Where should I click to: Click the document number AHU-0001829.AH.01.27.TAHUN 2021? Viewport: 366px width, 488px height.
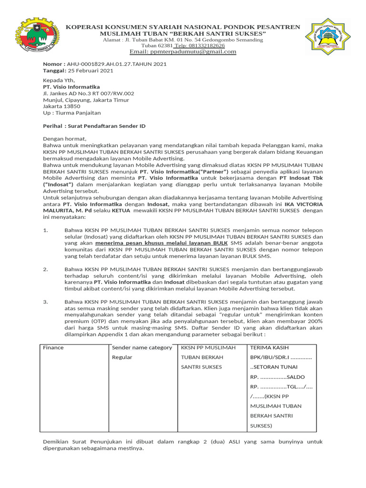117,64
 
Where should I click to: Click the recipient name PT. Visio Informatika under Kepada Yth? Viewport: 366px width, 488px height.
71,87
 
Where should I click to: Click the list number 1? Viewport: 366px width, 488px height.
46,230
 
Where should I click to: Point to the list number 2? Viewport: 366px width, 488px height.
46,269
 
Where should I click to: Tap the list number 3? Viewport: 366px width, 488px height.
46,302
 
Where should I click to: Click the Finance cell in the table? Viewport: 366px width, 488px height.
53,347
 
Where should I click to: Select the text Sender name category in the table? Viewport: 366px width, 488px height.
142,347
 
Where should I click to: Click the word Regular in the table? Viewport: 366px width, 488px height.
122,357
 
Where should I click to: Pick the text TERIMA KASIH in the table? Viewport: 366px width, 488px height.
269,347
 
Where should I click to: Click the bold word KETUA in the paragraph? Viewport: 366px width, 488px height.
122,210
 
